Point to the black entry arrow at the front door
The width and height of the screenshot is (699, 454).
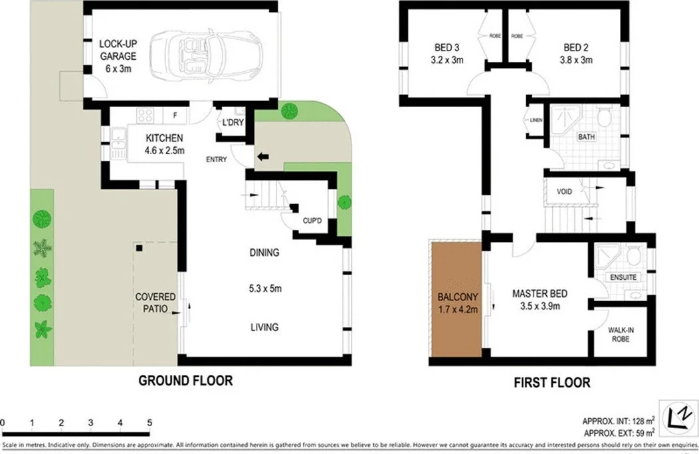[x=264, y=157]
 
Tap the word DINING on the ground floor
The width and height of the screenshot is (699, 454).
[x=264, y=253]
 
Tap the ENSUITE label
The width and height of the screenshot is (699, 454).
[x=623, y=277]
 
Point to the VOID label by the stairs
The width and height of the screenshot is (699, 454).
[x=564, y=191]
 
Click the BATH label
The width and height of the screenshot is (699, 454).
[x=586, y=137]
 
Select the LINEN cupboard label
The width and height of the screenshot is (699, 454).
[x=536, y=120]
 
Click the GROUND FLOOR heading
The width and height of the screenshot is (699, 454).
[x=185, y=381]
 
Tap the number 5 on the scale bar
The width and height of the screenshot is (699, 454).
[x=150, y=423]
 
